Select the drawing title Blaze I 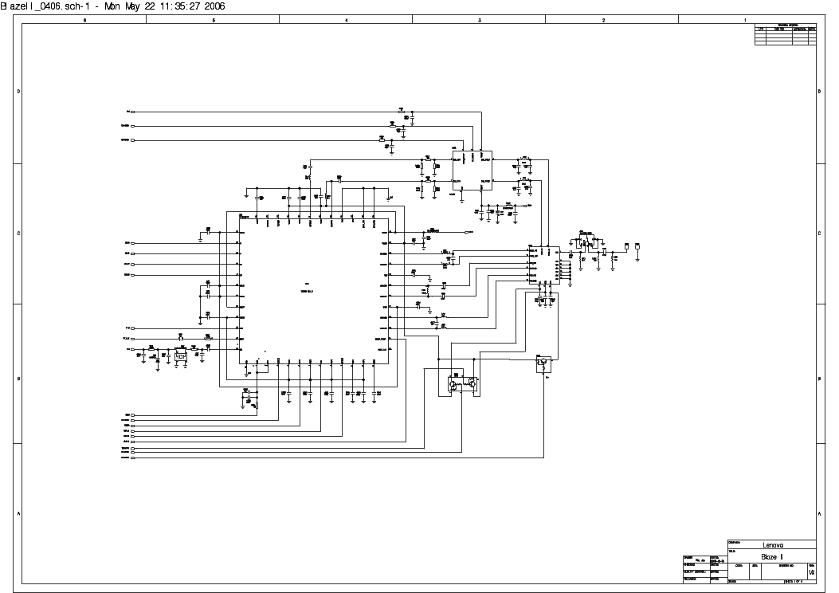tap(772, 556)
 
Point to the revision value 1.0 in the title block tap(811, 572)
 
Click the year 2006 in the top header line tap(213, 6)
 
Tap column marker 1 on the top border tap(745, 19)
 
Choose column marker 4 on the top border tap(346, 19)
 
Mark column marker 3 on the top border tap(480, 19)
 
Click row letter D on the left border tap(18, 92)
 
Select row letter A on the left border tap(18, 513)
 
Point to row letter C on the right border tap(820, 233)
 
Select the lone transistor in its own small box tap(542, 363)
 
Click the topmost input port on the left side tap(132, 112)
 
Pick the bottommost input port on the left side tap(132, 458)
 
